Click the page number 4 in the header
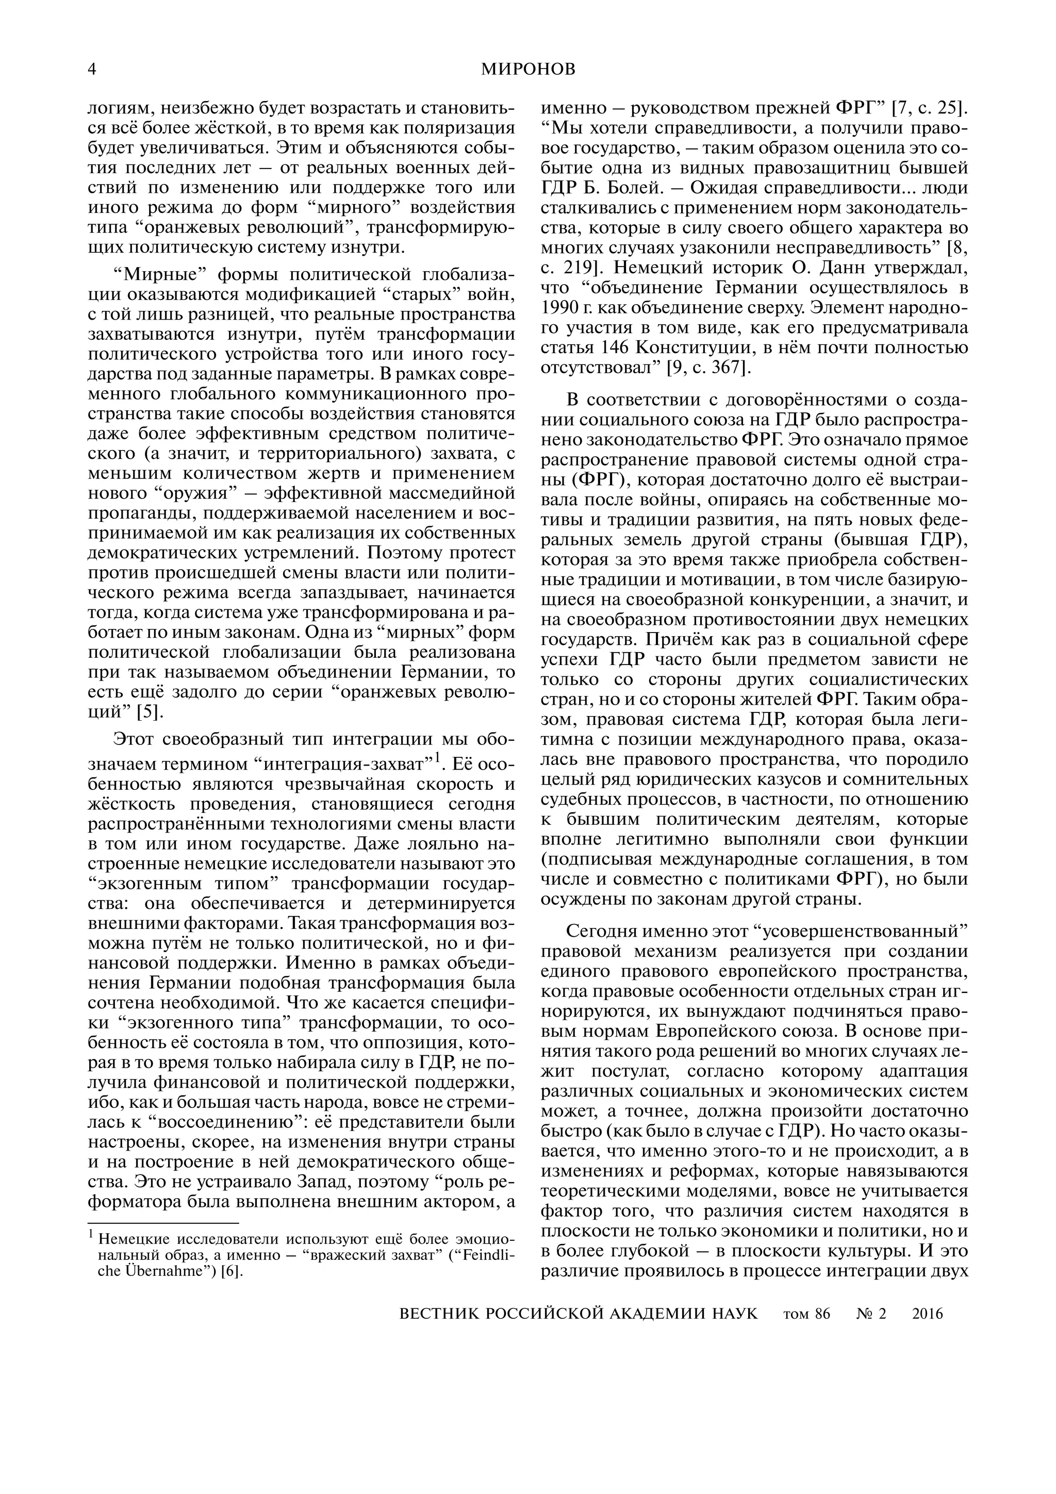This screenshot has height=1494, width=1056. click(x=92, y=70)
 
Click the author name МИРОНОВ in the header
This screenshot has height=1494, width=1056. click(x=529, y=70)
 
